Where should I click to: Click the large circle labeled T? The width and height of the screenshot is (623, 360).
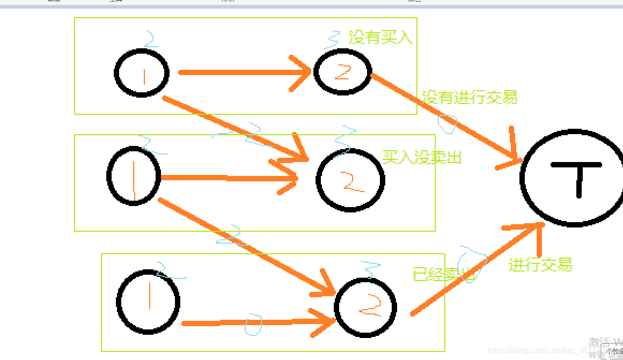pyautogui.click(x=573, y=178)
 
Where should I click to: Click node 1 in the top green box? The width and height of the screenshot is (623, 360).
pyautogui.click(x=142, y=73)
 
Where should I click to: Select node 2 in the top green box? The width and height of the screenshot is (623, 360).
pyautogui.click(x=342, y=72)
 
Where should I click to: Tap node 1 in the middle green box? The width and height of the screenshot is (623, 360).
pyautogui.click(x=134, y=175)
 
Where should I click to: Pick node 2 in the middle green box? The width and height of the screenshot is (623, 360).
pyautogui.click(x=350, y=181)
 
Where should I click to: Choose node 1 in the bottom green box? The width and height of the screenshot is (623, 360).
pyautogui.click(x=148, y=301)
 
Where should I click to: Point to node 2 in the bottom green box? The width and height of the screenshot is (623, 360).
pyautogui.click(x=365, y=307)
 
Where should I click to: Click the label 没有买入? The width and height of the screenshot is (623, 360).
pyautogui.click(x=380, y=37)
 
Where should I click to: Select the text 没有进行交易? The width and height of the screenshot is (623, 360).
pyautogui.click(x=470, y=97)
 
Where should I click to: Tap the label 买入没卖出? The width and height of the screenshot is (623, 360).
pyautogui.click(x=422, y=157)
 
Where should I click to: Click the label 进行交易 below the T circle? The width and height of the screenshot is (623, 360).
pyautogui.click(x=540, y=265)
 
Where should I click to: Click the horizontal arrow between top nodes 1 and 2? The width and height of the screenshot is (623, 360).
pyautogui.click(x=241, y=72)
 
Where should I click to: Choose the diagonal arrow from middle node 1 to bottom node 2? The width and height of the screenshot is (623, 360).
pyautogui.click(x=241, y=244)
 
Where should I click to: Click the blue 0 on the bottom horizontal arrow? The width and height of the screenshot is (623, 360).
pyautogui.click(x=253, y=324)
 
